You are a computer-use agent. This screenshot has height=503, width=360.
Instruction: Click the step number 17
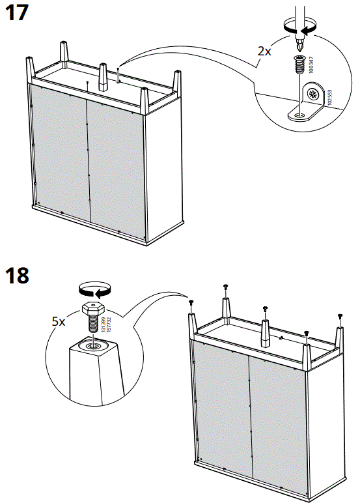pyautogui.click(x=17, y=14)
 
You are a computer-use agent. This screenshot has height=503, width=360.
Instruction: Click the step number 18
pyautogui.click(x=17, y=275)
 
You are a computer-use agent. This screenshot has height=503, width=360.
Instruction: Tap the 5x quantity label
pyautogui.click(x=59, y=322)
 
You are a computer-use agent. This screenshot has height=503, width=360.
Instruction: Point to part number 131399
pyautogui.click(x=103, y=321)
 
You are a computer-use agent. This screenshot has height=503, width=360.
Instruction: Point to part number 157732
pyautogui.click(x=109, y=321)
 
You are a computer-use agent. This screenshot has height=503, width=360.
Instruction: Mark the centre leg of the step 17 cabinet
pyautogui.click(x=102, y=78)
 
